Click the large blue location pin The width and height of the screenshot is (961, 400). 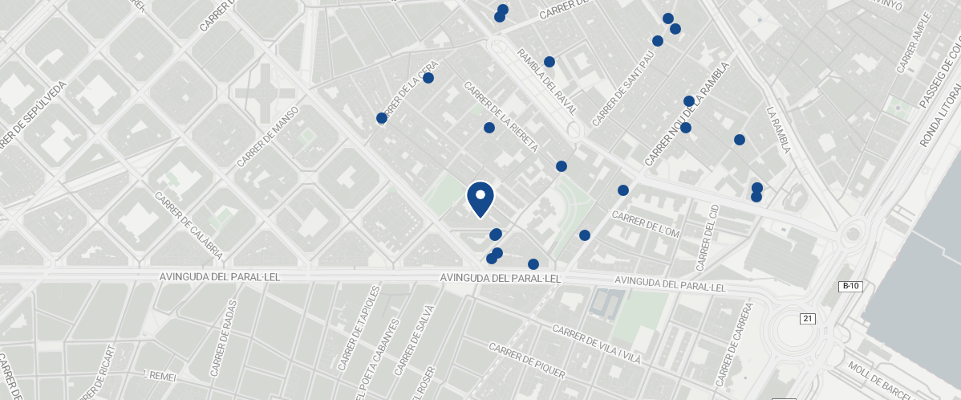click(480, 198)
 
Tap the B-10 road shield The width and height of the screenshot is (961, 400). click(850, 286)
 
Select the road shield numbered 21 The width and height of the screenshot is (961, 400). click(807, 319)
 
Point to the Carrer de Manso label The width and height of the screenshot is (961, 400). click(268, 137)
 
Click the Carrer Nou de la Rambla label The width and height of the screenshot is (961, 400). click(687, 115)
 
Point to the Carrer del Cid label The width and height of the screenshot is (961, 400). click(707, 237)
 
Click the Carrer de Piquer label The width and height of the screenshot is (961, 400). click(527, 361)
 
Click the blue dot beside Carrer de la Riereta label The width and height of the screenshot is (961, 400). click(489, 128)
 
